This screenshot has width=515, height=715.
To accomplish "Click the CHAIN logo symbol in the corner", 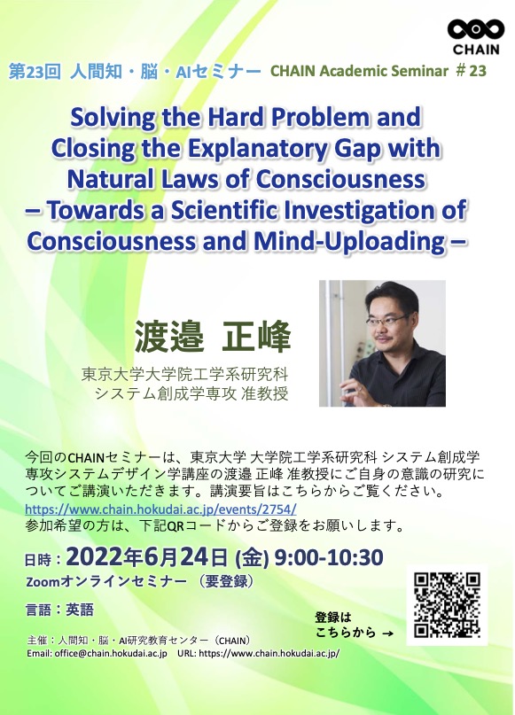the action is [476, 29].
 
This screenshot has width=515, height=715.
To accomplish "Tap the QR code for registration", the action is [447, 605].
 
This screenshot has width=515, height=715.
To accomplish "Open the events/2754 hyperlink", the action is [160, 509].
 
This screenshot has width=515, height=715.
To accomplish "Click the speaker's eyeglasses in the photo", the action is [386, 319].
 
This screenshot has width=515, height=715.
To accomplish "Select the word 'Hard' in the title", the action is [237, 118].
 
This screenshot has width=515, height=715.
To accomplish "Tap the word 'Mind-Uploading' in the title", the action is [349, 241].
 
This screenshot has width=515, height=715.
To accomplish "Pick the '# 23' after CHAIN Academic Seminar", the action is [472, 71].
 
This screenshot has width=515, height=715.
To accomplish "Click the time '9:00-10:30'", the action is [329, 557].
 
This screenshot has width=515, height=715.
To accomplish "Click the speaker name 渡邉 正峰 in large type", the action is [213, 337].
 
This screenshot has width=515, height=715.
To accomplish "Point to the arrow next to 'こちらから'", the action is [387, 633].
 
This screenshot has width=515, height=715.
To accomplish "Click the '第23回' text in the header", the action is [35, 72].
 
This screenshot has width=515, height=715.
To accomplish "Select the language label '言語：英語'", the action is [59, 610].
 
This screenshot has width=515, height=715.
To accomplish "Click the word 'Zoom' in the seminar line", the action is [43, 582].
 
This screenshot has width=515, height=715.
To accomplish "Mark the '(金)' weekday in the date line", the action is [252, 557].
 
